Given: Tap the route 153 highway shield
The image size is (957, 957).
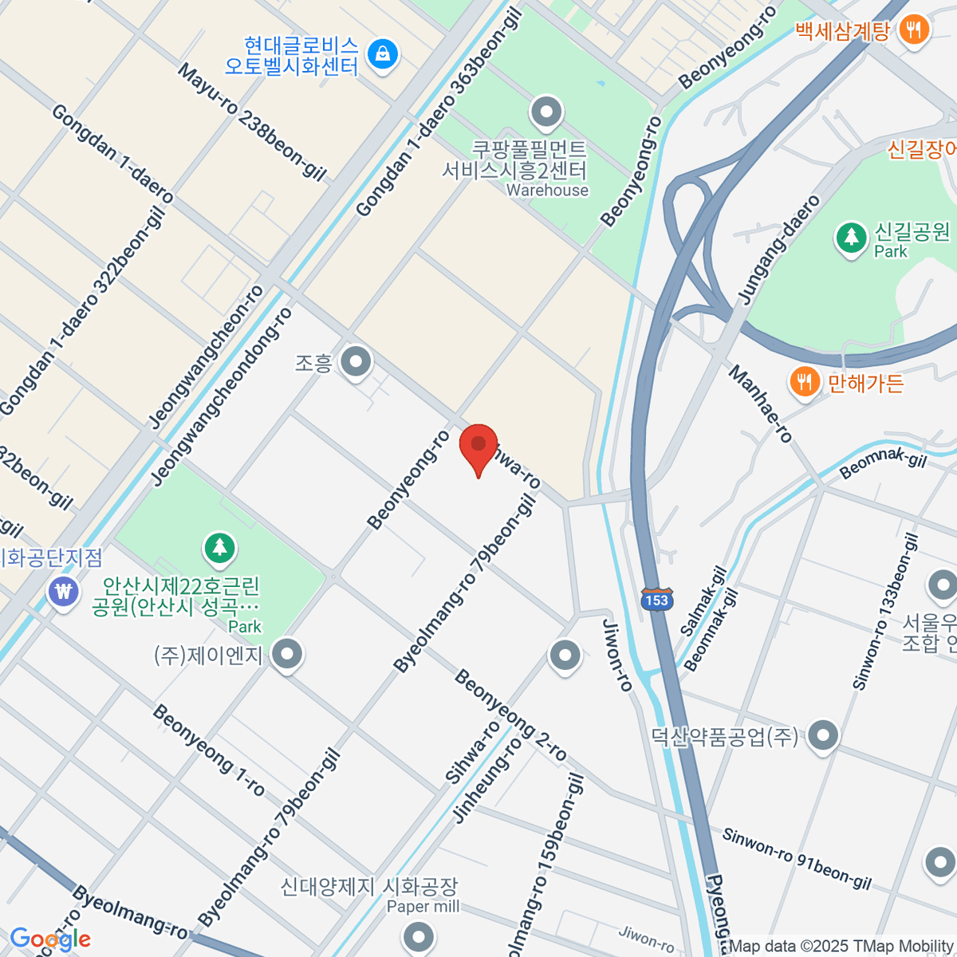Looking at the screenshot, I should click(656, 600).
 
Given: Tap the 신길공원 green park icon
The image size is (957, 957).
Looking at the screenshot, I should click(851, 237).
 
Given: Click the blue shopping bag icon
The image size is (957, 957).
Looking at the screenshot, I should click(383, 53).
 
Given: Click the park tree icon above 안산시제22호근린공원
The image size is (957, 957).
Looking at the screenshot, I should click(219, 548).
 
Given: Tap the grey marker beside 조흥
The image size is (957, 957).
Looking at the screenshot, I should click(356, 362).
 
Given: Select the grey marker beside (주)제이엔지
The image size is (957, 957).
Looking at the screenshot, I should click(286, 654).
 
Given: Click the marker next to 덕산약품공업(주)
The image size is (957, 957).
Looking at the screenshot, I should click(823, 735).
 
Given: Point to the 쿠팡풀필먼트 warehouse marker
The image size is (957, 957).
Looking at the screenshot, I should click(546, 112).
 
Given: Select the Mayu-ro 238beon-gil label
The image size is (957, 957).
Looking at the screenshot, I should click(252, 122).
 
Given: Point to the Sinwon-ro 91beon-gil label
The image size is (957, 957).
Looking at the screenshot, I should click(797, 859).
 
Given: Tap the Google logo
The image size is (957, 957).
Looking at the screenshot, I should click(49, 939).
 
